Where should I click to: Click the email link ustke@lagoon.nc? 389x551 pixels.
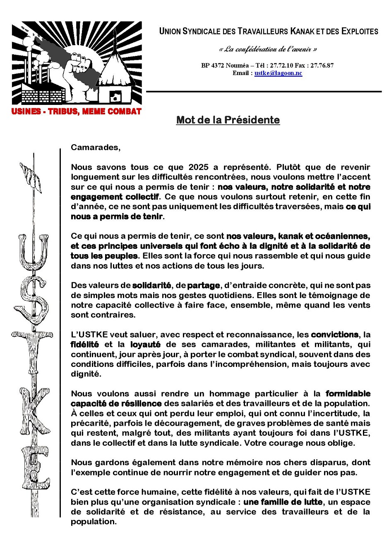(x=278, y=73)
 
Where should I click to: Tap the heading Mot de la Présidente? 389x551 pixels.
(x=228, y=120)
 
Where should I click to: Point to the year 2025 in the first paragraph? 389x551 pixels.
(x=198, y=167)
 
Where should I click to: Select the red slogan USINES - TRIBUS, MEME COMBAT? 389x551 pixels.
(x=77, y=112)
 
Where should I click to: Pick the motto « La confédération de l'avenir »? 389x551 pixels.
(x=268, y=49)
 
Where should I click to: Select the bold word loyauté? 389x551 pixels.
(x=145, y=345)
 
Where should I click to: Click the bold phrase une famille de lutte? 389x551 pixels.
(x=283, y=502)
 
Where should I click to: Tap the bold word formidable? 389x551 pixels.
(x=348, y=393)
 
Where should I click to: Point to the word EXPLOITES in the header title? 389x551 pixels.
(x=360, y=31)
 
